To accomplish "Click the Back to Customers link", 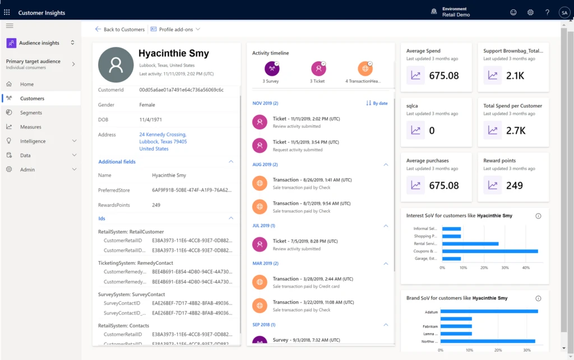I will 119,29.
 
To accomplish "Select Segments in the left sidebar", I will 31,113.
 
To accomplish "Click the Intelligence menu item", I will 33,141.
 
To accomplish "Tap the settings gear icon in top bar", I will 530,12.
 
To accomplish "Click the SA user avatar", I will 563,12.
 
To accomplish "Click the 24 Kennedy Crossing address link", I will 163,135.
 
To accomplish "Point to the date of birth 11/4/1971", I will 151,119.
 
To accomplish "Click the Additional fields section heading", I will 117,161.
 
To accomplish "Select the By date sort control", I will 377,103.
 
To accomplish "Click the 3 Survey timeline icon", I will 271,69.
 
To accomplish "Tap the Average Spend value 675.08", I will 443,76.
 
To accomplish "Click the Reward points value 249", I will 515,186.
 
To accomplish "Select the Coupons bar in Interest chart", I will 489,251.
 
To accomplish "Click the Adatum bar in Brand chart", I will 489,311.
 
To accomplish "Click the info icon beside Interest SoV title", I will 538,216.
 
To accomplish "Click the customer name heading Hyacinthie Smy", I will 174,54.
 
